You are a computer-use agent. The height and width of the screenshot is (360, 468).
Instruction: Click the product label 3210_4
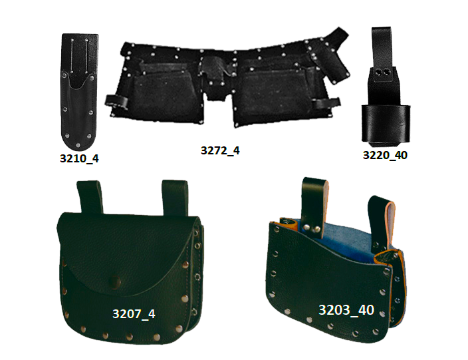coord(79,158)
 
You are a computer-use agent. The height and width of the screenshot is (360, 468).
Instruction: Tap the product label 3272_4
coord(220,150)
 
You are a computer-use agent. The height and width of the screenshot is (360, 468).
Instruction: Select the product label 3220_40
coord(385,155)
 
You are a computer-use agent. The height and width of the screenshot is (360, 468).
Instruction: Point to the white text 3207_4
coord(134,313)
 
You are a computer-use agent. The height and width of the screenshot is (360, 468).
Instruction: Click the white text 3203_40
coord(346,310)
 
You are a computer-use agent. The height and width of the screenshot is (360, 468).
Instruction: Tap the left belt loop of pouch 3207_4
coord(90,197)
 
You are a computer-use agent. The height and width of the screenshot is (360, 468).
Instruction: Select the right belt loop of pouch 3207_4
coord(175,198)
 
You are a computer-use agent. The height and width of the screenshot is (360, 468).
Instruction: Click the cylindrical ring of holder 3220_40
coord(386,124)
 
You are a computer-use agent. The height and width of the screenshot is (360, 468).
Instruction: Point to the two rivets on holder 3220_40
coord(383,73)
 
